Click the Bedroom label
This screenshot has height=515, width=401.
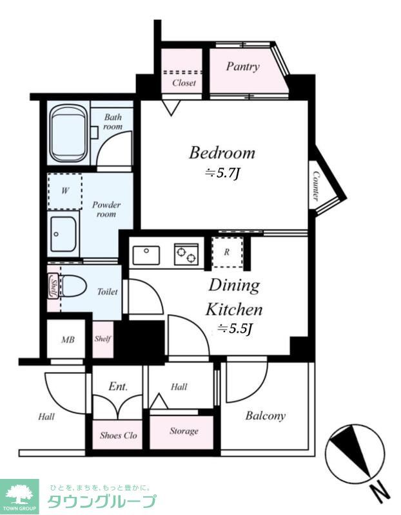pyautogui.click(x=222, y=153)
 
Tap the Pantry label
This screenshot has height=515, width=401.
pyautogui.click(x=242, y=67)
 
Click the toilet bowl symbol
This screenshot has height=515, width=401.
pyautogui.click(x=73, y=286)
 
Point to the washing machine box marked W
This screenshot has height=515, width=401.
pyautogui.click(x=65, y=191)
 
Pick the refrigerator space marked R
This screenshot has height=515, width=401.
pyautogui.click(x=227, y=252)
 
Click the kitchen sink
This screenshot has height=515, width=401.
pyautogui.click(x=146, y=255)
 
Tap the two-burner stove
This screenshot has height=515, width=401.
pyautogui.click(x=186, y=254)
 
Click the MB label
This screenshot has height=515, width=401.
pyautogui.click(x=68, y=340)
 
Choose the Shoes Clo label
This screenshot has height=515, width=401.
pyautogui.click(x=118, y=436)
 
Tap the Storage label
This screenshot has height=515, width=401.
pyautogui.click(x=184, y=431)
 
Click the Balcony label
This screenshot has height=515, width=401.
pyautogui.click(x=265, y=416)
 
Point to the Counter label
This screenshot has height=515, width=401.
pyautogui.click(x=316, y=186)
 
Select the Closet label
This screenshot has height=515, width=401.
pyautogui.click(x=184, y=83)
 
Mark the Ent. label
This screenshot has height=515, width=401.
pyautogui.click(x=118, y=387)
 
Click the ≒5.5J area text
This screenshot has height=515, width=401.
pyautogui.click(x=234, y=329)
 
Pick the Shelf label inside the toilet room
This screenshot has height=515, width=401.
pyautogui.click(x=53, y=286)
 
